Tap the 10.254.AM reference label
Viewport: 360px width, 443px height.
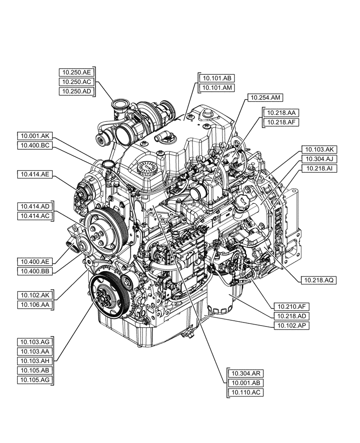pyautogui.click(x=265, y=97)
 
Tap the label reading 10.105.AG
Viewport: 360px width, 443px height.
pyautogui.click(x=35, y=379)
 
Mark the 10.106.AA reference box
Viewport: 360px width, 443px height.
pyautogui.click(x=35, y=304)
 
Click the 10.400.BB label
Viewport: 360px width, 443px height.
pyautogui.click(x=35, y=271)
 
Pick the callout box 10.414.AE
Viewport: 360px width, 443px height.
pyautogui.click(x=35, y=175)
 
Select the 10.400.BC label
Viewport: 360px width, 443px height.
pyautogui.click(x=35, y=145)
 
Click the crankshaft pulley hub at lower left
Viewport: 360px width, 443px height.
pyautogui.click(x=104, y=295)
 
